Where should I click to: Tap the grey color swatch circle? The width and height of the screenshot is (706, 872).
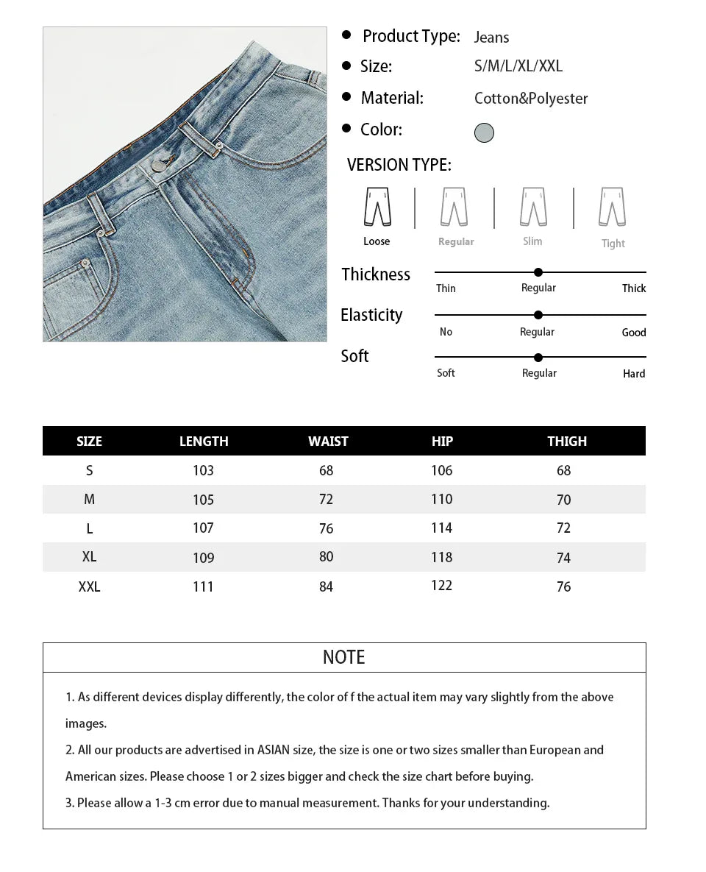pos(484,132)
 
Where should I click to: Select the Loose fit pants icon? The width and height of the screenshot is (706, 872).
pos(377,207)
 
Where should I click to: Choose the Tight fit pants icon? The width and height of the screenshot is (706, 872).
pos(612,207)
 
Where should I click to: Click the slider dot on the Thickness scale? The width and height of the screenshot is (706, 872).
pos(538,272)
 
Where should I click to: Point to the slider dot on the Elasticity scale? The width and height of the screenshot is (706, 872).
pos(538,315)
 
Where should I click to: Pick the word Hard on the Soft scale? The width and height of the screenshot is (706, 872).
pos(633,374)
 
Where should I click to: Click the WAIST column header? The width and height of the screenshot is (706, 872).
pos(328,442)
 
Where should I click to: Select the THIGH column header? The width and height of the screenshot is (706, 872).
pos(567,442)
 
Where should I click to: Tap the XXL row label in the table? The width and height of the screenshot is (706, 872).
pos(89,586)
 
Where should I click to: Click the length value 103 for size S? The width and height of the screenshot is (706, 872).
pos(203,470)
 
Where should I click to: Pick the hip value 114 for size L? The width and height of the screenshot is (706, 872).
pos(441,528)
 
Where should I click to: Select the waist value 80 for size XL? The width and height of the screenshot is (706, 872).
pos(327,557)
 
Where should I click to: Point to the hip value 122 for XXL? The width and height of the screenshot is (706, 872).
pos(441,586)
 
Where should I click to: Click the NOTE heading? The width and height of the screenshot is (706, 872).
pos(343,657)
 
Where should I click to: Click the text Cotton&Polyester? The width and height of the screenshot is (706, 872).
pos(531,99)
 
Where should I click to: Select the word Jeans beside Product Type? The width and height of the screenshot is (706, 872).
pos(491,38)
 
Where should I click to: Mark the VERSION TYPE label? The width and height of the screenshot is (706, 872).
pos(399,165)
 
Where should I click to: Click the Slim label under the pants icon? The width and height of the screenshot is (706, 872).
pos(532,241)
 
